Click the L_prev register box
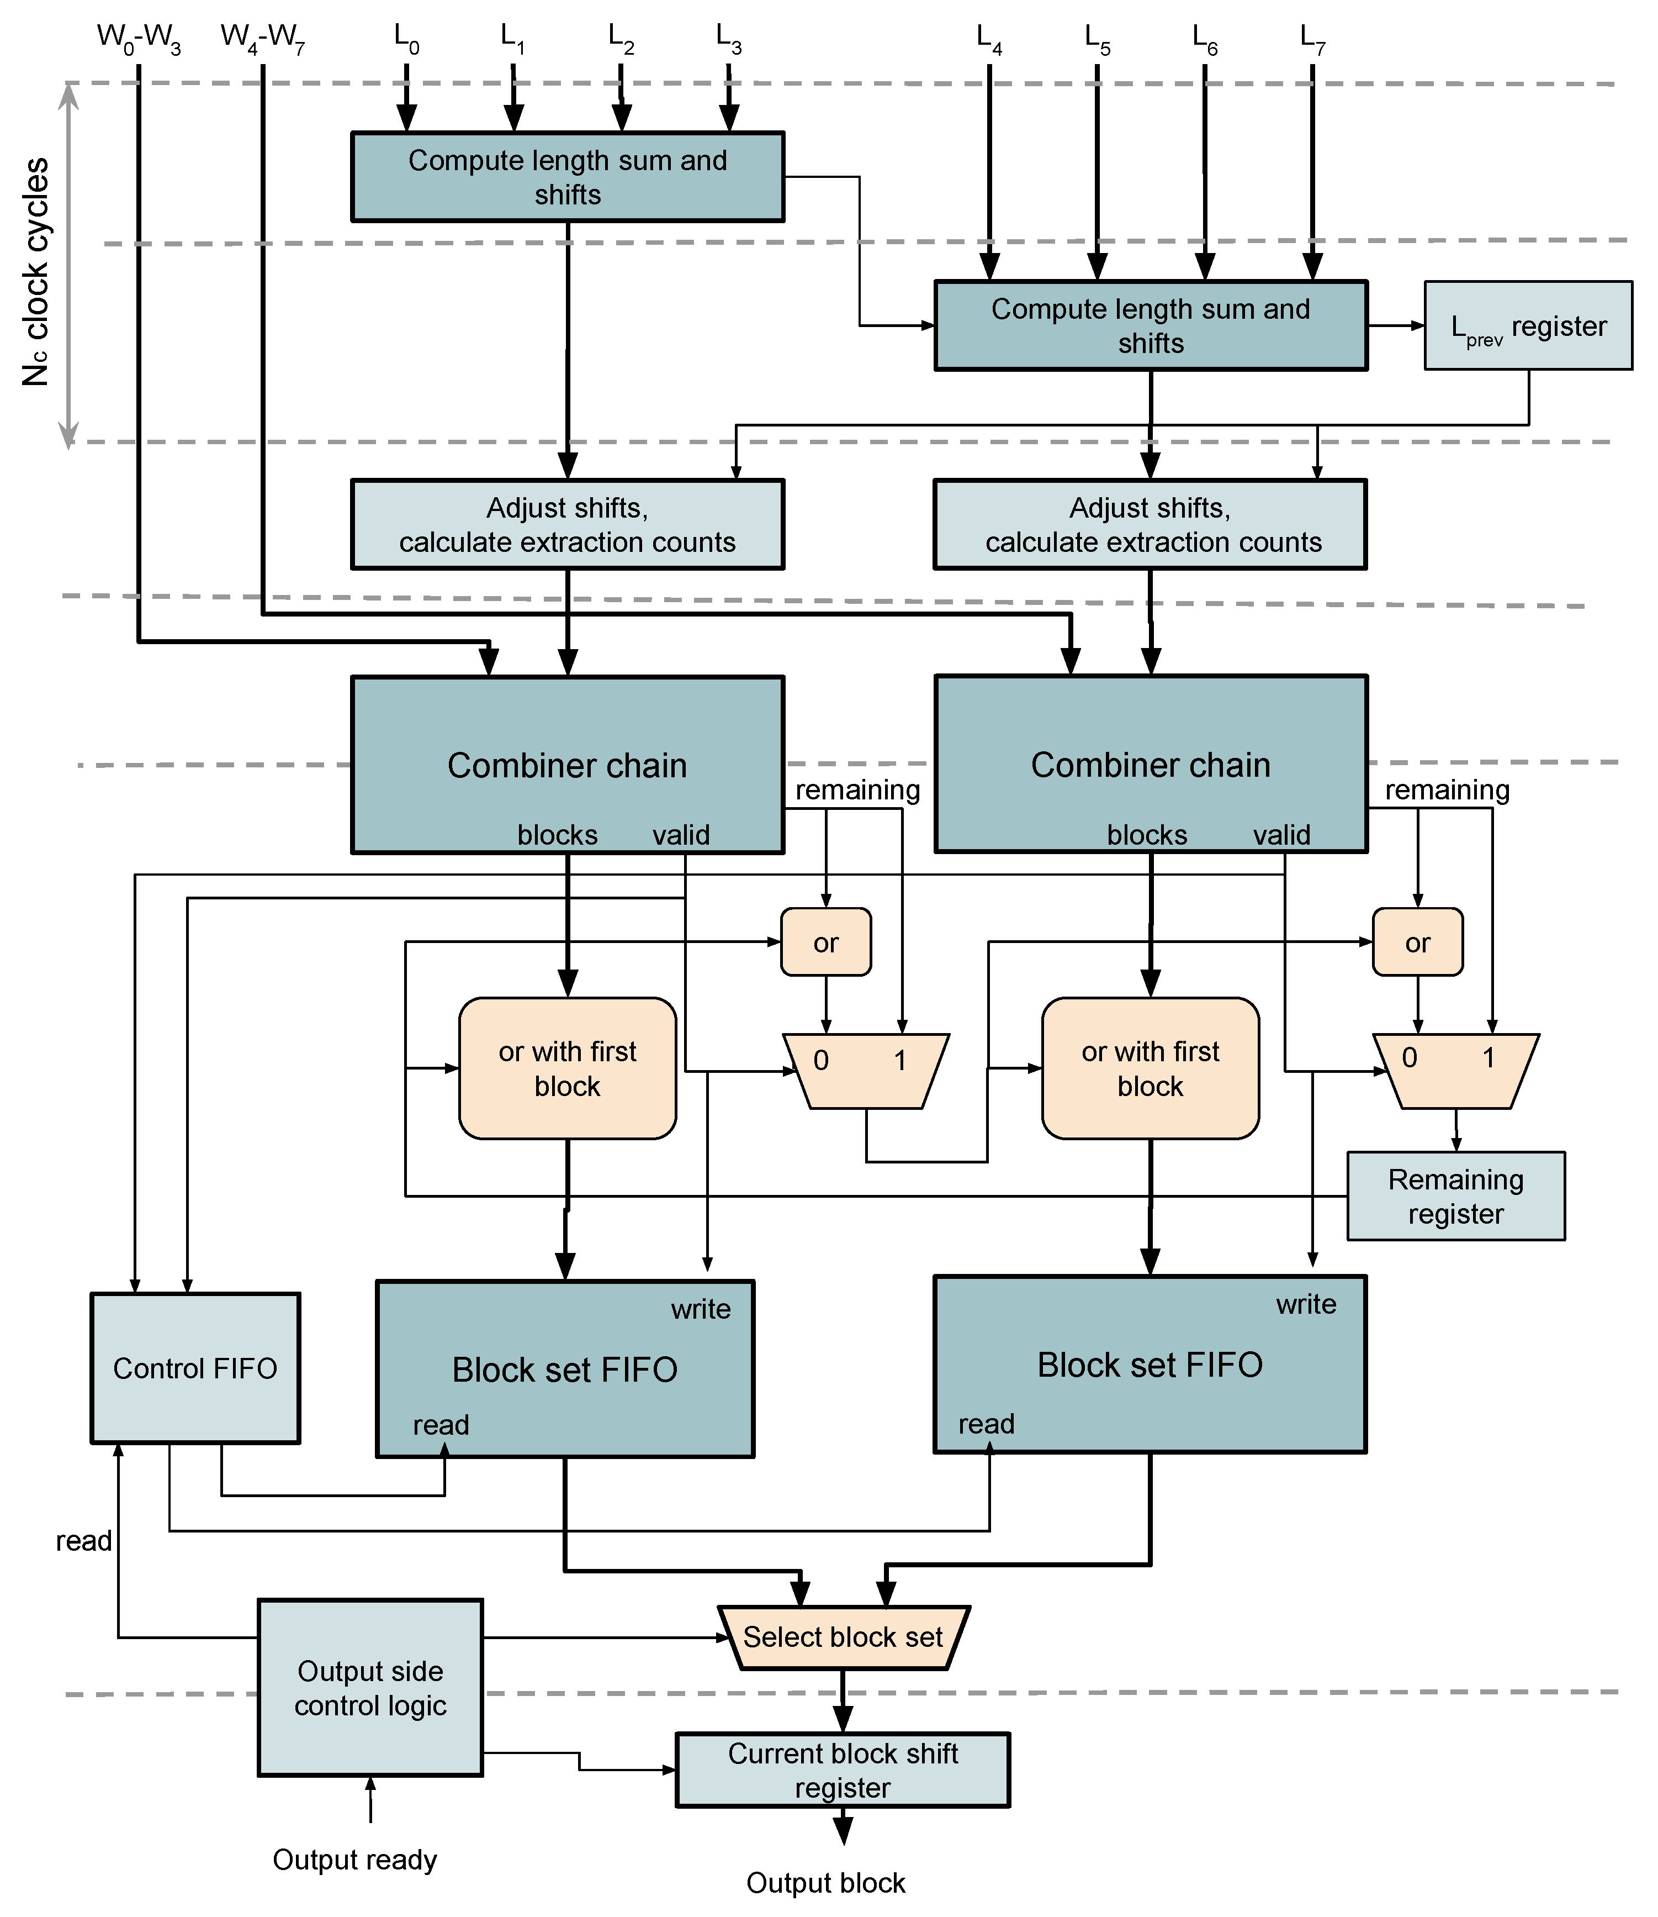click(1528, 326)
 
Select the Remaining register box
click(1455, 1196)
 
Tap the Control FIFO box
click(195, 1368)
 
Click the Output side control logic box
click(370, 1687)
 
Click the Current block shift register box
click(843, 1770)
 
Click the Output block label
click(825, 1883)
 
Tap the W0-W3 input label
click(139, 39)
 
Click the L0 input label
click(406, 39)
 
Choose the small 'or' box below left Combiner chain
click(825, 942)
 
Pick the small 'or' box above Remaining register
click(1417, 942)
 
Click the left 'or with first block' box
click(567, 1068)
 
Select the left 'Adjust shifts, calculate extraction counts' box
click(567, 524)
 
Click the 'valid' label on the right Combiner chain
click(1281, 835)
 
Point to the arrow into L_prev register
click(1397, 326)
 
